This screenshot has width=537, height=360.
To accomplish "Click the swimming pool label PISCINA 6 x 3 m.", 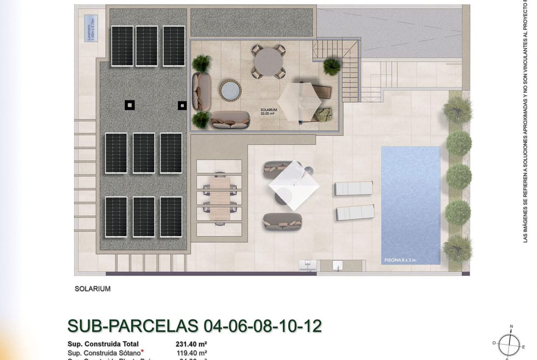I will pyautogui.click(x=401, y=260).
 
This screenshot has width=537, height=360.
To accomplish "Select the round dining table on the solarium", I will pyautogui.click(x=268, y=61).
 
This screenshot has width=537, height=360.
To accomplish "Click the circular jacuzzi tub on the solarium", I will pyautogui.click(x=230, y=90).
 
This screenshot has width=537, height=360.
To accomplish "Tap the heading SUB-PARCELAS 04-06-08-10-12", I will pyautogui.click(x=194, y=326).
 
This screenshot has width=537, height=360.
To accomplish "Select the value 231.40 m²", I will pyautogui.click(x=191, y=344).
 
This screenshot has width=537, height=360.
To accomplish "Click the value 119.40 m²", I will pyautogui.click(x=191, y=353).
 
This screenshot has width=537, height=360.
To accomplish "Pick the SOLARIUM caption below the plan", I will pyautogui.click(x=92, y=289).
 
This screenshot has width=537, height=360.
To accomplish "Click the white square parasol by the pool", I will pyautogui.click(x=294, y=185).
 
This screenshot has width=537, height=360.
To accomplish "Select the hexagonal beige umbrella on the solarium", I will pyautogui.click(x=300, y=100).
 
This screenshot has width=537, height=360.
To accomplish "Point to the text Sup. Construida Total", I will pyautogui.click(x=103, y=344).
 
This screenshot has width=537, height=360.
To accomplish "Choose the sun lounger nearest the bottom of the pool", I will pyautogui.click(x=355, y=212).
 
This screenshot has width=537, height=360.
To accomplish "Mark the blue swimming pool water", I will pyautogui.click(x=410, y=202).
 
